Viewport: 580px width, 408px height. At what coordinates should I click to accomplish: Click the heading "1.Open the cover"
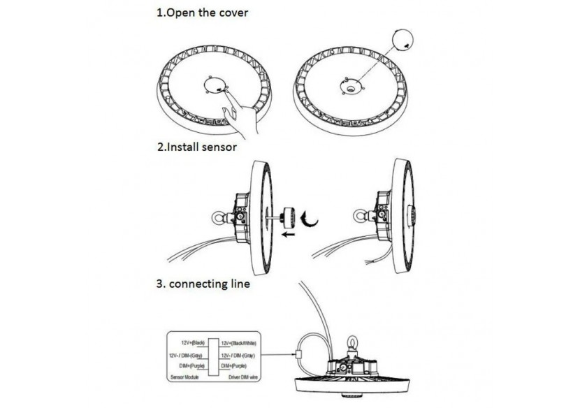(x=202, y=14)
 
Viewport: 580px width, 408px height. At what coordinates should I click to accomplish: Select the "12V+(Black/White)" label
(x=239, y=343)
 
